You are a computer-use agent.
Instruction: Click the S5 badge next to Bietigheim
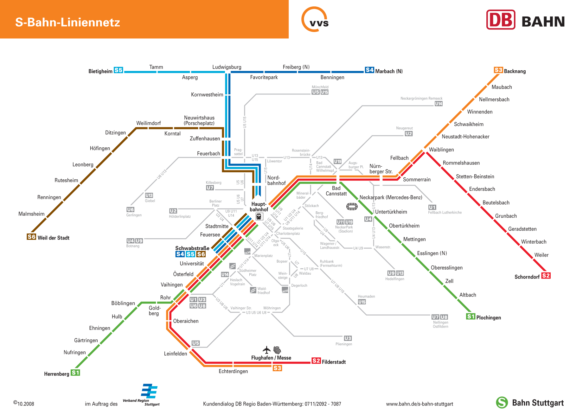[118, 70]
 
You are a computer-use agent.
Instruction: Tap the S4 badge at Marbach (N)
[369, 70]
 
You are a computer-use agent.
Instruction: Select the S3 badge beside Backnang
[498, 70]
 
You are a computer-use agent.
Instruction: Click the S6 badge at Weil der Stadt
[31, 237]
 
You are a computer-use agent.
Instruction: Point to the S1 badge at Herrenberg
[75, 373]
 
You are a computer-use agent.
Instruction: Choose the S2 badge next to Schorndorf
[546, 276]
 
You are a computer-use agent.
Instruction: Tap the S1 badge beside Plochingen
[471, 316]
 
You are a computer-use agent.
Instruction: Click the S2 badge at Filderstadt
[316, 361]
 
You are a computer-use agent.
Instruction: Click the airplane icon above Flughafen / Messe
[267, 350]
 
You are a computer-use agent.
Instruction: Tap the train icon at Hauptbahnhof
[259, 217]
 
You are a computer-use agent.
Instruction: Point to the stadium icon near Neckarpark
[352, 207]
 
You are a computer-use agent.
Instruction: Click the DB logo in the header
[501, 20]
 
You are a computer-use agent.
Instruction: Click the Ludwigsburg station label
[227, 67]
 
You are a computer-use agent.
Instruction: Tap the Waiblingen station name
[441, 150]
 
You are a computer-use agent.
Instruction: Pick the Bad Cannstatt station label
[336, 191]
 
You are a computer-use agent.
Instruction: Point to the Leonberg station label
[83, 165]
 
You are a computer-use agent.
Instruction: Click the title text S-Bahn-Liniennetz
[67, 22]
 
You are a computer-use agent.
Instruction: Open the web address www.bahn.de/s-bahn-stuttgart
[419, 404]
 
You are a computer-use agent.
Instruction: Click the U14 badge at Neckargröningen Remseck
[439, 104]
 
